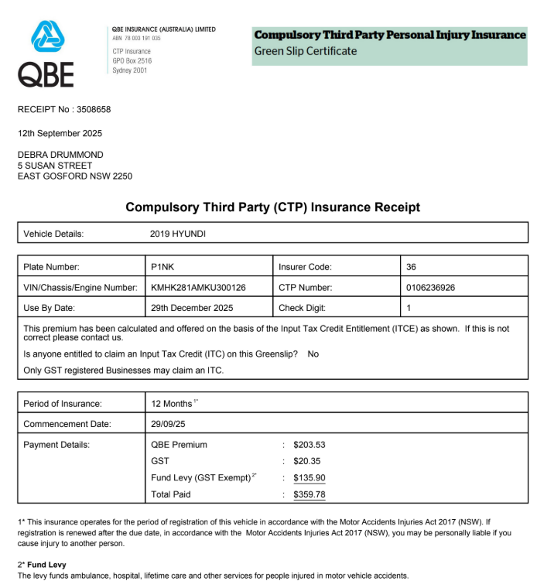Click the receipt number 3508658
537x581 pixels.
pos(94,110)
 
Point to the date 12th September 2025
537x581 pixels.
pos(60,133)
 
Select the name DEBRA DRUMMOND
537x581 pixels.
pos(60,155)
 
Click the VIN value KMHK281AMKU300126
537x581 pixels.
pos(198,288)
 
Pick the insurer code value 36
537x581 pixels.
pos(411,267)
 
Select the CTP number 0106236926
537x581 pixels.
pos(430,288)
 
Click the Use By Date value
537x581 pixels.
pos(192,308)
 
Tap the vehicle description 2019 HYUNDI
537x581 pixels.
pos(178,234)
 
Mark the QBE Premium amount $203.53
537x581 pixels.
pos(310,445)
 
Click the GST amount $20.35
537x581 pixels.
pos(307,461)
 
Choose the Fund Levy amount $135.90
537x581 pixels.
pos(310,478)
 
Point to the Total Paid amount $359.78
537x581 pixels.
pos(310,494)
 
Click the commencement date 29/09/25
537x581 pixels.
pos(169,424)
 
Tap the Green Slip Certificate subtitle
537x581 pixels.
pos(306,51)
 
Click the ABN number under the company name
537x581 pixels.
pos(136,38)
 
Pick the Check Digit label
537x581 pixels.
pos(301,308)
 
